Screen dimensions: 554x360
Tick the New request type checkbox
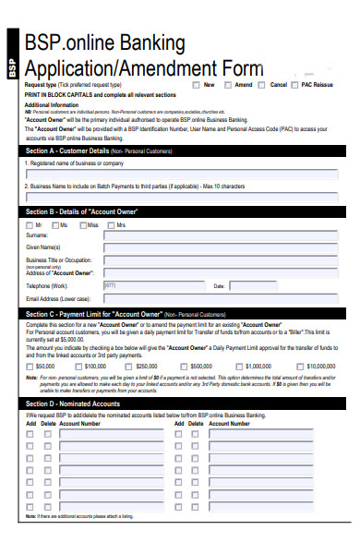pyautogui.click(x=197, y=84)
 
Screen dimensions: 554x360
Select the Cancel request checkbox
pyautogui.click(x=262, y=84)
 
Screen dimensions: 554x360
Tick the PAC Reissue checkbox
pyautogui.click(x=295, y=84)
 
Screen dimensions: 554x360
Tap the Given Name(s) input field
pyautogui.click(x=222, y=247)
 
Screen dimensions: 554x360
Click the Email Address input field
pyautogui.click(x=222, y=298)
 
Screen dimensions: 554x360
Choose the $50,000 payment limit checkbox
pyautogui.click(x=30, y=367)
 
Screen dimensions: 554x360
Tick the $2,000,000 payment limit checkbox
pyautogui.click(x=292, y=367)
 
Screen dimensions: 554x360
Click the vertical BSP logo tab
pyautogui.click(x=12, y=66)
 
